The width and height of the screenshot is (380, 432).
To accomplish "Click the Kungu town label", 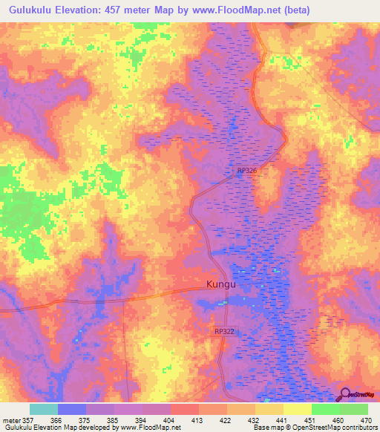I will [220, 284].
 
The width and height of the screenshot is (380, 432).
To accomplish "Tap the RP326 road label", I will [247, 171].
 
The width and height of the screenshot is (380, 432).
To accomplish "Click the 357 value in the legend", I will [28, 419].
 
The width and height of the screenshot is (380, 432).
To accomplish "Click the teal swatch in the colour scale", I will [44, 409].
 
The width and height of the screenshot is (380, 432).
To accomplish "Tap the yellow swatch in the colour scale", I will [298, 409].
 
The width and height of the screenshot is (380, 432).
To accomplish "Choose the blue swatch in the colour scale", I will [72, 409].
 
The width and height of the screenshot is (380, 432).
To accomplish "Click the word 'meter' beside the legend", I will [10, 419].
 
